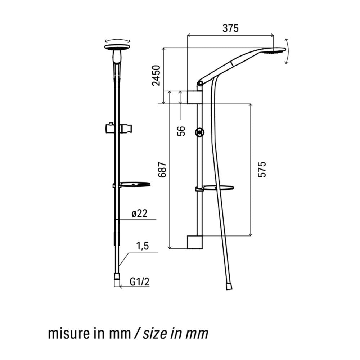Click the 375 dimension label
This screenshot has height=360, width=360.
click(x=230, y=28)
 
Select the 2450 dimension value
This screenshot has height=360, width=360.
click(x=156, y=76)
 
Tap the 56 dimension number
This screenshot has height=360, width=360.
click(x=181, y=131)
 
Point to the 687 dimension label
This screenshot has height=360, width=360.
click(x=162, y=170)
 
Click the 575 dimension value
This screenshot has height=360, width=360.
click(x=262, y=170)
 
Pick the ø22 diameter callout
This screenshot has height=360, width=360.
click(x=139, y=213)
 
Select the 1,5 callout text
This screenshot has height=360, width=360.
click(x=143, y=246)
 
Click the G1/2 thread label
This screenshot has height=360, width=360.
click(x=140, y=282)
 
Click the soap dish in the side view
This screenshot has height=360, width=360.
click(x=215, y=188)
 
